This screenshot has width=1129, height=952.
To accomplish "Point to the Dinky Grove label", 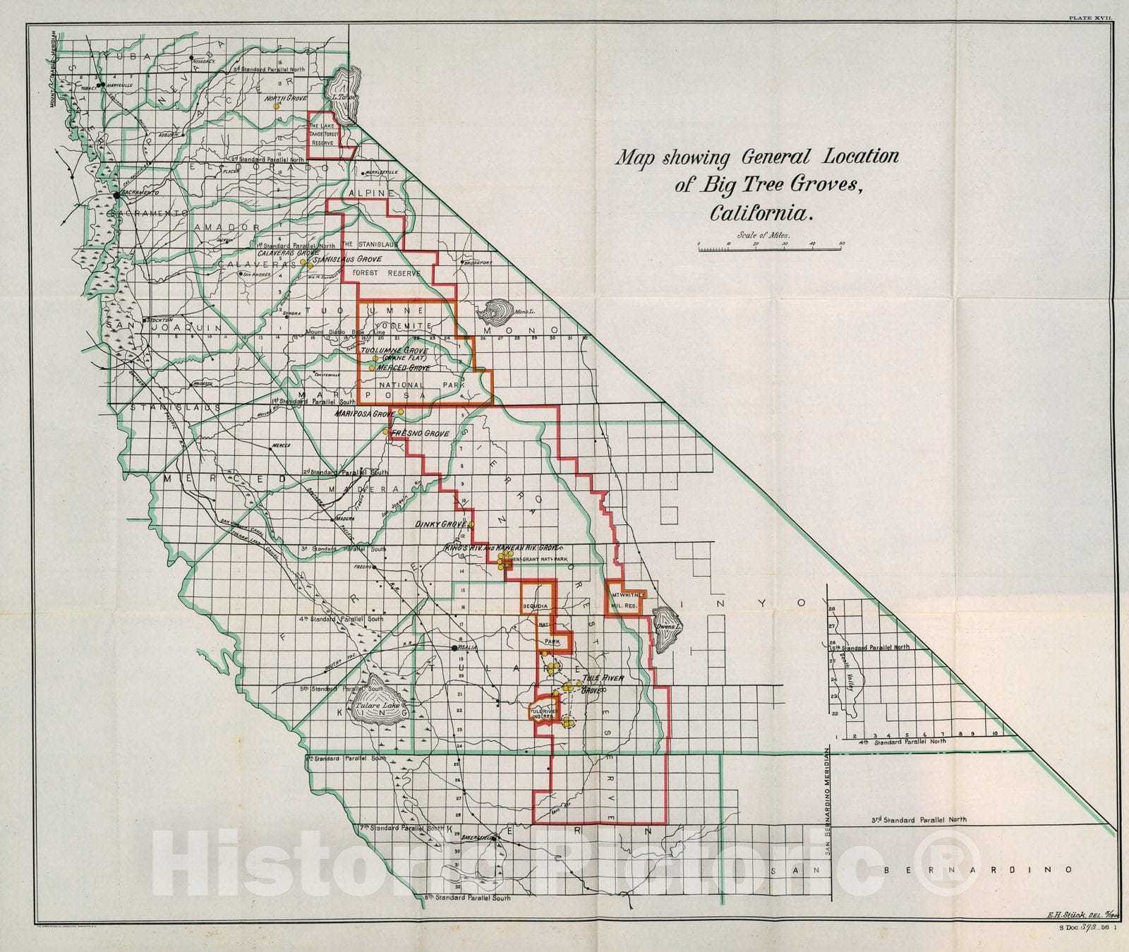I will click(442, 525).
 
